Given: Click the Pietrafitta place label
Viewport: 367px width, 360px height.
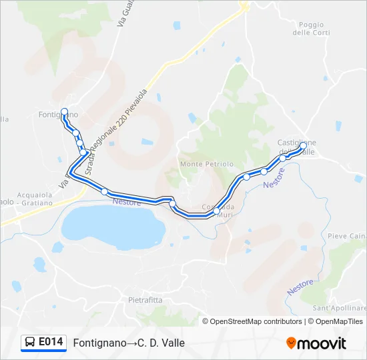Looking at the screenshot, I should coord(145,300).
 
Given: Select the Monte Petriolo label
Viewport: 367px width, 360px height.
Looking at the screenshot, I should coord(207,163).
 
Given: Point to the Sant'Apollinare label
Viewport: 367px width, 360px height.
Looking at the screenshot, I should coord(340,309).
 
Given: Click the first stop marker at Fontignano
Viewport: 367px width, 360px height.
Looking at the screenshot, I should coord(64,111).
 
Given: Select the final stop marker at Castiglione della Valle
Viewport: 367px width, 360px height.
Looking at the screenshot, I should coord(303,145).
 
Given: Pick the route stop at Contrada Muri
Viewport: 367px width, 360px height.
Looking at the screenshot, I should coord(217,211).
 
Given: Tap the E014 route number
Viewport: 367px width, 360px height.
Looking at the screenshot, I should coord(51,342).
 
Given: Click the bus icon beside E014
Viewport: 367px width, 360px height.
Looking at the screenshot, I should coord(30,343).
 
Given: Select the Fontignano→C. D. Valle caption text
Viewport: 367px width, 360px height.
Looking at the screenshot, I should coord(129,343).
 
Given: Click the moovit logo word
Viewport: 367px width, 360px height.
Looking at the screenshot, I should coord(322,343).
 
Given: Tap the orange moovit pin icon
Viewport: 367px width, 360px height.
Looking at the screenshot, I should coord(291,343).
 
